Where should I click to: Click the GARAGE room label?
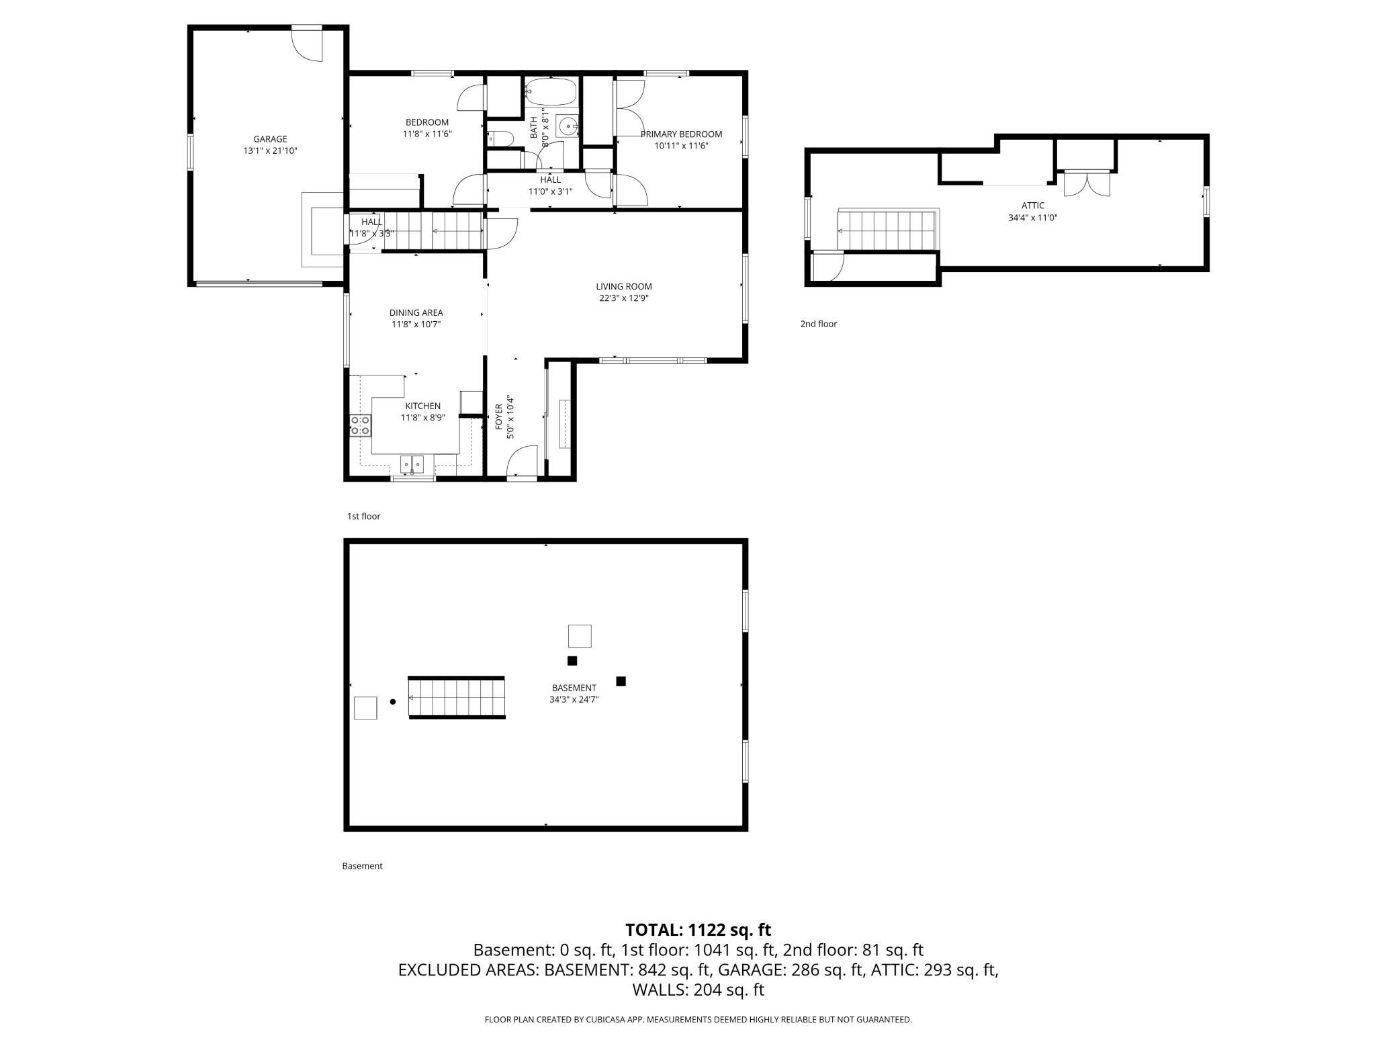tap(270, 139)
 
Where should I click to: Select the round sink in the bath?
tap(568, 126)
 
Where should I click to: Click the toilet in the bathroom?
tap(500, 138)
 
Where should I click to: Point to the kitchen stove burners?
tap(361, 426)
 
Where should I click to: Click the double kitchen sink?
tap(412, 464)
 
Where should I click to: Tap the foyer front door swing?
tap(521, 462)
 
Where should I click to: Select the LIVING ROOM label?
tap(624, 287)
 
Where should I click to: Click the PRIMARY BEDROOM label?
tap(681, 134)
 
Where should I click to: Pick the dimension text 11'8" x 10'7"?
tap(416, 324)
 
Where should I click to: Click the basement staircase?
tap(457, 698)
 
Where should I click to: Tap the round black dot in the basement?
tap(393, 702)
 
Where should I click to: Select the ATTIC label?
tap(1032, 206)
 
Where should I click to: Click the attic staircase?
tap(887, 230)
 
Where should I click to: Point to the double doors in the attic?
tap(1087, 183)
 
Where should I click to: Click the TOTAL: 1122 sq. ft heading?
tap(698, 930)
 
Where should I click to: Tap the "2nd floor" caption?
tap(818, 324)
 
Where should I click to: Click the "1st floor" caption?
tap(363, 517)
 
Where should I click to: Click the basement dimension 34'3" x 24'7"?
tap(574, 699)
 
